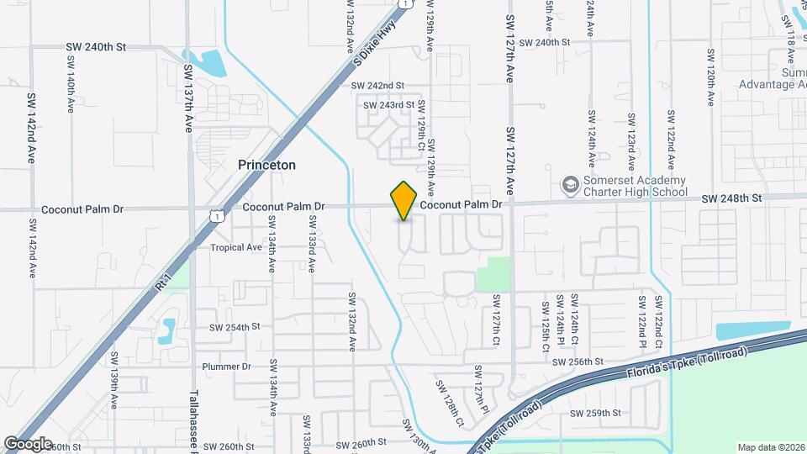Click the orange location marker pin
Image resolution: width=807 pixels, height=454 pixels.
click(404, 201)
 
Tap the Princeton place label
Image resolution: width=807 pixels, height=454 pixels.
click(266, 166)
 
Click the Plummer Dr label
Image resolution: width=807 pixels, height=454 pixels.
click(227, 367)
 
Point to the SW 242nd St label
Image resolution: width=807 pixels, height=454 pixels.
click(377, 86)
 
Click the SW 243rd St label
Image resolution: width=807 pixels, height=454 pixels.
click(388, 105)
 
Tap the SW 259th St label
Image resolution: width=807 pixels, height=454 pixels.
click(595, 413)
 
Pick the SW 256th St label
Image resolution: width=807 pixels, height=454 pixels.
click(579, 362)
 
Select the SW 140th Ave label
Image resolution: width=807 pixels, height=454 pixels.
click(69, 88)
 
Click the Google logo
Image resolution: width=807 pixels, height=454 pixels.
click(27, 443)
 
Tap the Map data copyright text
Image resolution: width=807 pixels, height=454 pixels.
click(771, 446)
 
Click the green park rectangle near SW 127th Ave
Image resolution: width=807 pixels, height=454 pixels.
click(493, 272)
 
